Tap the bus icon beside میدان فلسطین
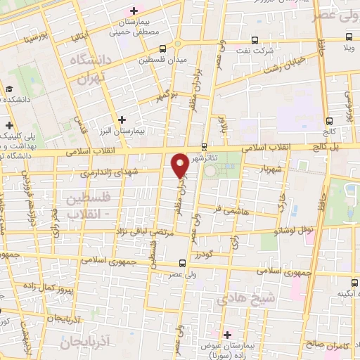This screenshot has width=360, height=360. [163, 49]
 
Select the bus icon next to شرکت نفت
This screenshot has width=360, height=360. [255, 40]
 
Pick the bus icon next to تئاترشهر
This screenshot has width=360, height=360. [204, 146]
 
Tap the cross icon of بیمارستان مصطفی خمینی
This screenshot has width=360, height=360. [133, 11]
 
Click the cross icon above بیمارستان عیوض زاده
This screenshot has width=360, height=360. [226, 333]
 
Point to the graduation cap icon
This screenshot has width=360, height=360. [10, 89]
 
